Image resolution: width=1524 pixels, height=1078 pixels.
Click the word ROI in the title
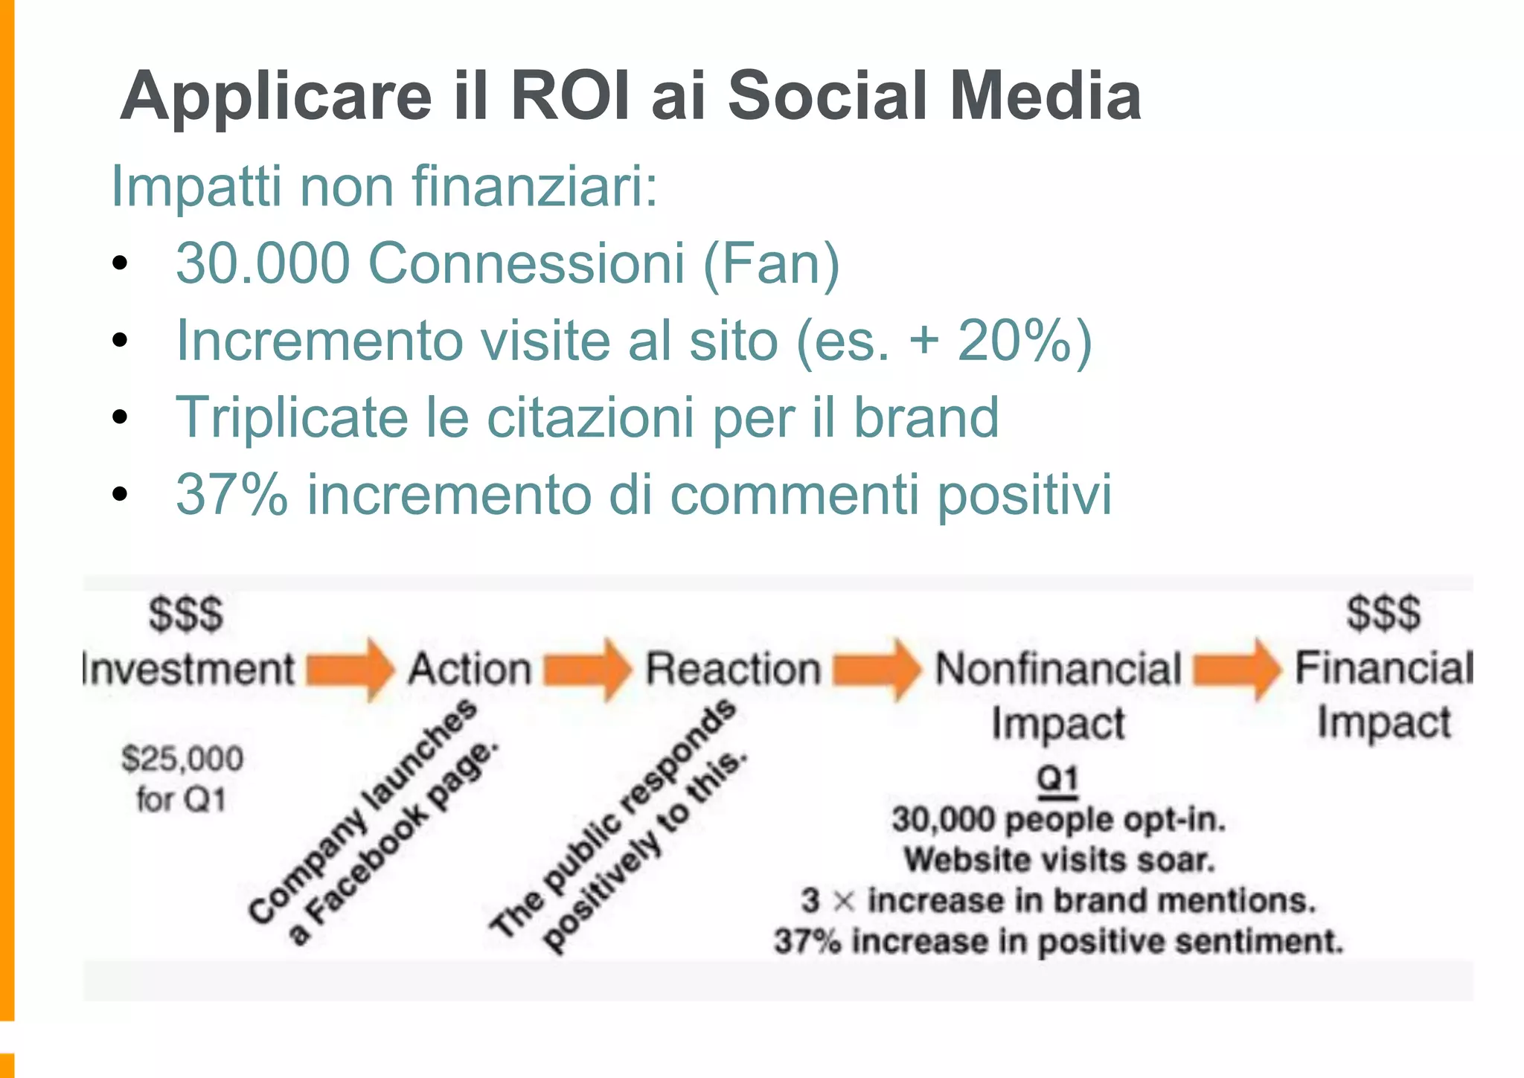coord(572,96)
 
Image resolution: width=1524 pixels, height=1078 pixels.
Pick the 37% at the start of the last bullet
coord(231,494)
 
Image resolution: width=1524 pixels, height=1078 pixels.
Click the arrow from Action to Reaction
coord(587,669)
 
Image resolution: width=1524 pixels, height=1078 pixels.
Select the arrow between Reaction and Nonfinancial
coord(877,669)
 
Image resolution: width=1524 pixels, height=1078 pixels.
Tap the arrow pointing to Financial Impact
coord(1237,669)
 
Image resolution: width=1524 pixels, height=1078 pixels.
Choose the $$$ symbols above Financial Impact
coord(1383,614)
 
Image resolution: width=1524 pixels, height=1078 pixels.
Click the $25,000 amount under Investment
coord(183,759)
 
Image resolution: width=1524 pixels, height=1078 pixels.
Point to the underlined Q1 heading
coord(1057,779)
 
